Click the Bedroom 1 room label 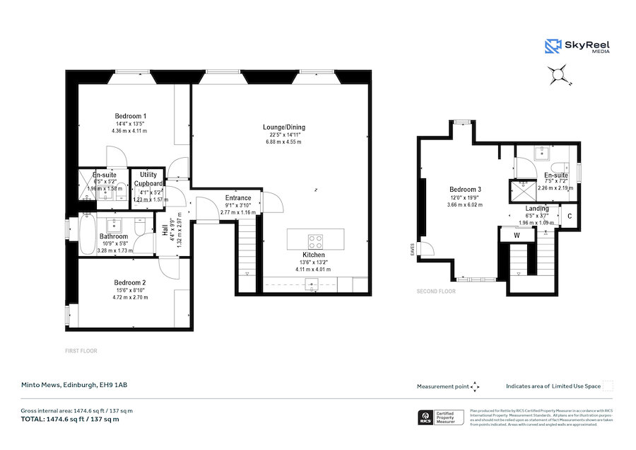(130, 116)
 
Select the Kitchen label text (314, 254)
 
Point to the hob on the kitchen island (314, 238)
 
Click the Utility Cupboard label (148, 178)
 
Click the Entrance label (238, 198)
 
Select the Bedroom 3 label (465, 190)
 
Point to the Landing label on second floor (537, 209)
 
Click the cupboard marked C (569, 216)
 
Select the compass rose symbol (558, 73)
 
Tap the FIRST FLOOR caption (81, 350)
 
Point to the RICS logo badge (426, 417)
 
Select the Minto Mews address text (73, 386)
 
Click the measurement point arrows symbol (475, 386)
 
